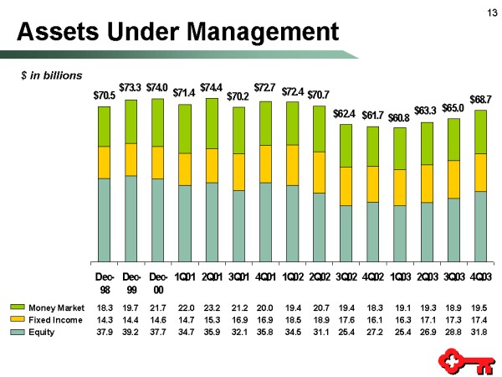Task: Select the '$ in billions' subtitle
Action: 52,75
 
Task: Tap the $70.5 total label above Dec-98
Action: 105,96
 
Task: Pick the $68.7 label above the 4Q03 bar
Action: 480,99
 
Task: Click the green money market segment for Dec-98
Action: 105,127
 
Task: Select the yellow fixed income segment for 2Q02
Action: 319,173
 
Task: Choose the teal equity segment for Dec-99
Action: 131,213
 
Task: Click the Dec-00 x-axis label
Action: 158,282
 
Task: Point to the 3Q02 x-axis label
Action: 346,277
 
